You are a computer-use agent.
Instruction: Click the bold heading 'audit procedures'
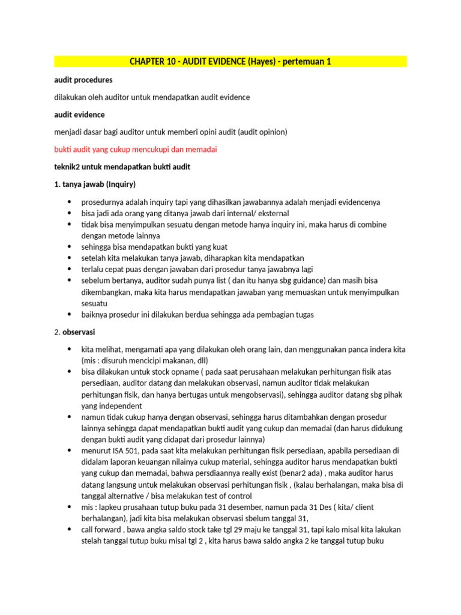pos(83,79)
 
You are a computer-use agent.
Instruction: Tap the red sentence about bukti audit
pos(135,149)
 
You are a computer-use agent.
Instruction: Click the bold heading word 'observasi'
pos(83,332)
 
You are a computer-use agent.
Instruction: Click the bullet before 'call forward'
pos(70,529)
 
